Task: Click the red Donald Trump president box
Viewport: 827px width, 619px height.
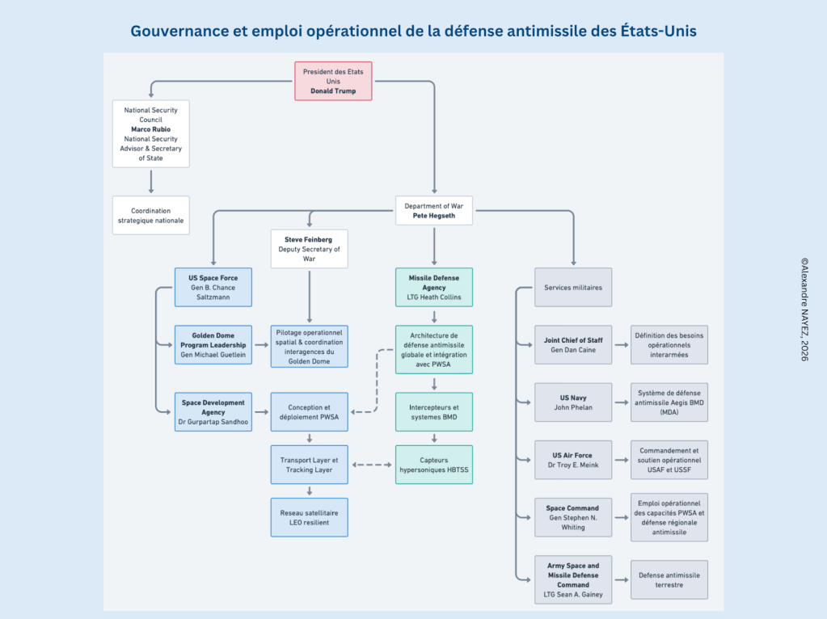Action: pos(333,81)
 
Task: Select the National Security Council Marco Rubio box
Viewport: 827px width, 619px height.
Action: pos(150,133)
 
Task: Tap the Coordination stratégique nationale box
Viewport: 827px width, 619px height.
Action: pos(150,215)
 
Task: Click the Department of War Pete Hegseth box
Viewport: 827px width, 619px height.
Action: pos(434,211)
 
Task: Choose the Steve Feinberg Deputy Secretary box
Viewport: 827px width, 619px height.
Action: pos(309,249)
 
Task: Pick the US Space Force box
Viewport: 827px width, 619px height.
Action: pos(213,287)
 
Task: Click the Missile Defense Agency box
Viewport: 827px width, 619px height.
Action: pos(434,287)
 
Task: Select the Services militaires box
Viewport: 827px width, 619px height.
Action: pos(573,287)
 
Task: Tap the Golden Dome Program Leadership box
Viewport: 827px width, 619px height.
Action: pos(213,345)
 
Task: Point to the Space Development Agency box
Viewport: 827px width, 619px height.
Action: pos(213,411)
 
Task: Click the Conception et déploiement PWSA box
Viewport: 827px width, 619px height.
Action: pos(309,411)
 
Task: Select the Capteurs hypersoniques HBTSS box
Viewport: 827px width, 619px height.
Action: pos(434,465)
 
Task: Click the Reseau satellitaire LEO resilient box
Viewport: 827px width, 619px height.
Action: pos(309,517)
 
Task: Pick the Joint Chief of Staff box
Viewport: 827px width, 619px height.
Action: pos(573,345)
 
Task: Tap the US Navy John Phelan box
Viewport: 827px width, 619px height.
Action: pos(573,402)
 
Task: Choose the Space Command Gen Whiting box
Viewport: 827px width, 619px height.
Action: pos(573,517)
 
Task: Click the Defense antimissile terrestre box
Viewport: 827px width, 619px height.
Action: pos(669,579)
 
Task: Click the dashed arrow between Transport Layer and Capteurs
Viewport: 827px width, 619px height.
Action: pos(372,465)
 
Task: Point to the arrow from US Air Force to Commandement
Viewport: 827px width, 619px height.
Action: pos(621,461)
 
